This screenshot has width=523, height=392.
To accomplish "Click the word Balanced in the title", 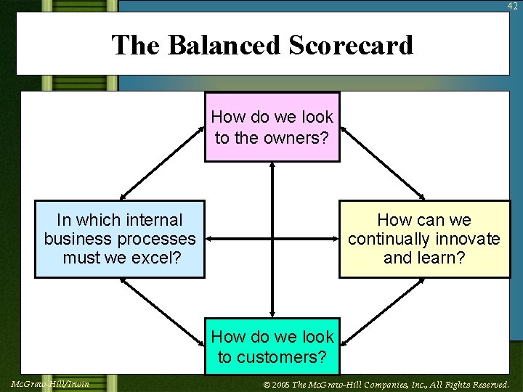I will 224,46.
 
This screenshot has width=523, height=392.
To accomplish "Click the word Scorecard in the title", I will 351,46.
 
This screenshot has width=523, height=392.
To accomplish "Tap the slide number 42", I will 513,6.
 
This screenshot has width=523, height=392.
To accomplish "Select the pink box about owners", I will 272,126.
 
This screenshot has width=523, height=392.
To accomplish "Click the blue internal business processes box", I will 120,239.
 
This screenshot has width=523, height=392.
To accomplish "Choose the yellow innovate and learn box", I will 424,239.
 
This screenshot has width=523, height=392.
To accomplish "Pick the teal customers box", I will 272,346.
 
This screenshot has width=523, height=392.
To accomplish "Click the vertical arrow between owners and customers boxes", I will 272,240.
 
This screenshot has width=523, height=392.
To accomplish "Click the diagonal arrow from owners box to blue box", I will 163,163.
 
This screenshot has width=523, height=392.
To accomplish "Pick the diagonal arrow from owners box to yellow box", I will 383,163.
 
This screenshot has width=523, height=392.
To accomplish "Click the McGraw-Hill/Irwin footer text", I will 51,384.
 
